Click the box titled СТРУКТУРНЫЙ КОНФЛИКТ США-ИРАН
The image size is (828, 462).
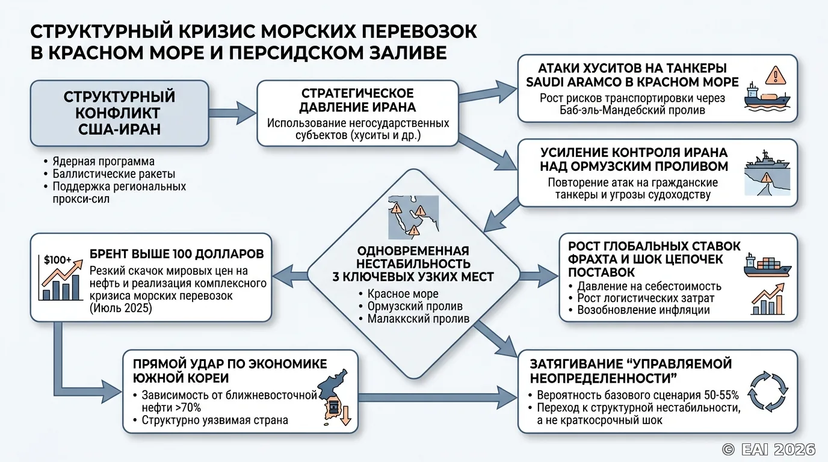pos(119,113)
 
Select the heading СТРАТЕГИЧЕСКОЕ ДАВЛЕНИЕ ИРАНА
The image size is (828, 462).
pos(357,100)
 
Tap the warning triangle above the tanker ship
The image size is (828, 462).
pos(776,75)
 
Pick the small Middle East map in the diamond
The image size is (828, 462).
pos(413,217)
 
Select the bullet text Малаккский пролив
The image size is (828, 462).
pos(418,319)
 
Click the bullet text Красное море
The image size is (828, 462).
pos(403,294)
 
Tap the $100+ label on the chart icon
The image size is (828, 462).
pos(58,260)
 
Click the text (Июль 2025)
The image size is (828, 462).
pos(120,308)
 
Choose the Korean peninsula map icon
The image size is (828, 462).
pos(333,398)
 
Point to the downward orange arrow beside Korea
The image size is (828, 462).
pos(345,416)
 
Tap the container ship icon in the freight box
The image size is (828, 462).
pos(767,265)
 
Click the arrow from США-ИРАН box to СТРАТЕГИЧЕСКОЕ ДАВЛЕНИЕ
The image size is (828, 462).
pos(232,112)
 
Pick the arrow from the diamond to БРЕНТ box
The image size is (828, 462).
pos(291,275)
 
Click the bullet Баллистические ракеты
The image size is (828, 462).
pos(114,174)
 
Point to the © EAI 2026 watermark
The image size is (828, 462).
pos(768,449)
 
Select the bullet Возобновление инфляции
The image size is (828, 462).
pos(643,310)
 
